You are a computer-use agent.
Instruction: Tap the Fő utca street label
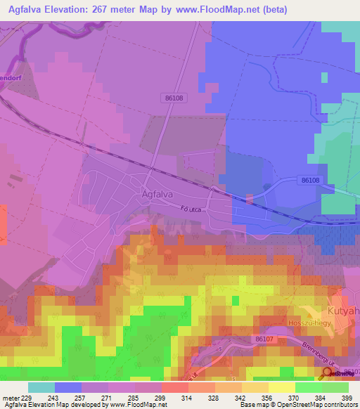click(x=211, y=209)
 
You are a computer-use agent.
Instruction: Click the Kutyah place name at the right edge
click(x=343, y=310)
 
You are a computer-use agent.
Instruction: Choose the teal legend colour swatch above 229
click(x=41, y=387)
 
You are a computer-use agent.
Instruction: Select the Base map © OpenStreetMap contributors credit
click(x=298, y=405)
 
